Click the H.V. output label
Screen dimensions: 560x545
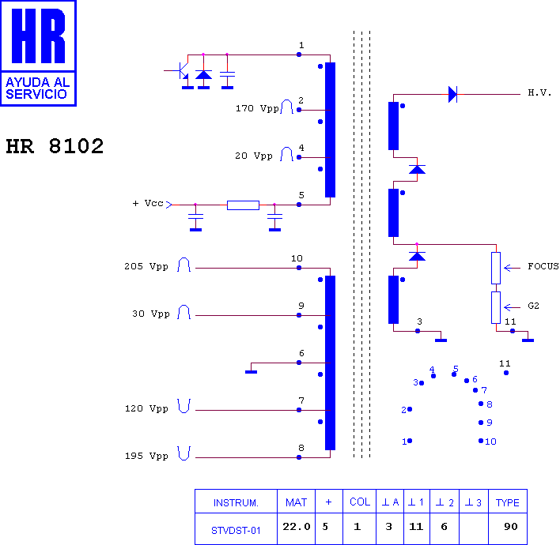539,93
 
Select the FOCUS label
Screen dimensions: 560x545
543,266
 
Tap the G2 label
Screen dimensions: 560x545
533,306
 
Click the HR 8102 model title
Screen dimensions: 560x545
55,146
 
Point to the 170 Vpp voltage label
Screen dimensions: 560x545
257,108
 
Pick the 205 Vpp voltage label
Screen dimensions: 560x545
146,266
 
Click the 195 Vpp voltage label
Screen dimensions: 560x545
146,456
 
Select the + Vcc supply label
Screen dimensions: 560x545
148,203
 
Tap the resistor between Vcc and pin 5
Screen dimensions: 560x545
243,205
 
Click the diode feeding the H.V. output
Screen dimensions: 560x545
453,95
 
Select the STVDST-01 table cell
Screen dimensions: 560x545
236,531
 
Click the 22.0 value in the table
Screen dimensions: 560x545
297,527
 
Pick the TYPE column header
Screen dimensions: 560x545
508,502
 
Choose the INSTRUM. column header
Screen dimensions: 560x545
236,503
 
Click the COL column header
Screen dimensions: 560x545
360,502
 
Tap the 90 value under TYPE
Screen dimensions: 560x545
511,527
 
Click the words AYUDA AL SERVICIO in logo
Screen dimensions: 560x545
38,88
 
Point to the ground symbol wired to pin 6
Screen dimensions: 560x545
251,372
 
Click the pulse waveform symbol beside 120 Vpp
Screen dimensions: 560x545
184,406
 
